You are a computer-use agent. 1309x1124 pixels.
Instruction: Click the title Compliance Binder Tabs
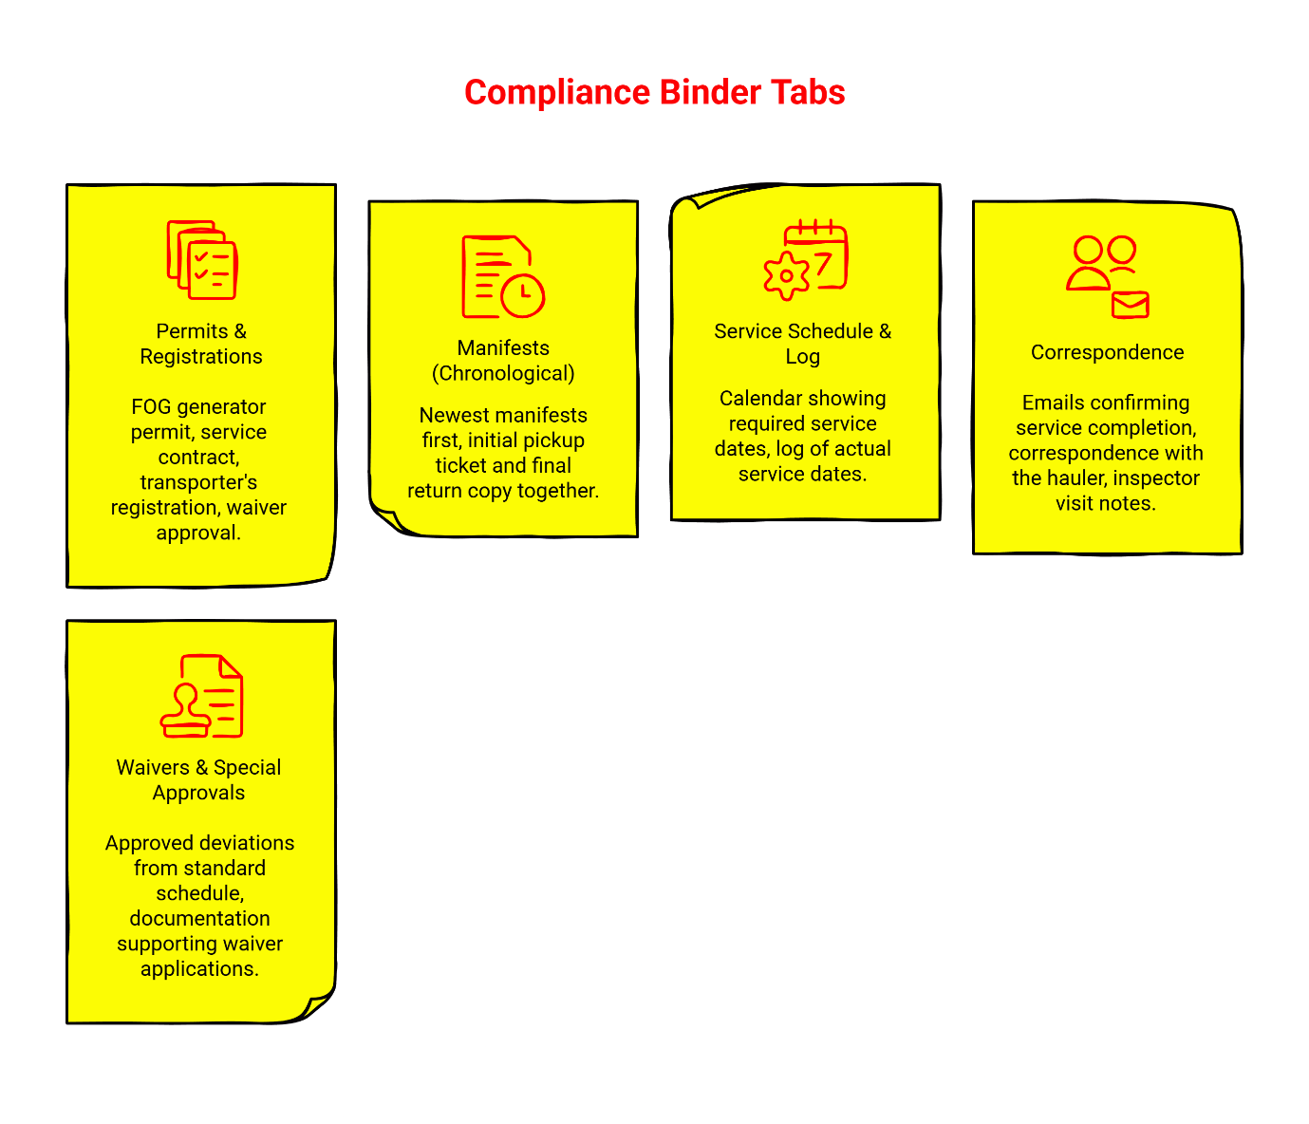click(x=654, y=92)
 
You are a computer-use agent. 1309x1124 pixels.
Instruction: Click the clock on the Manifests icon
click(x=522, y=295)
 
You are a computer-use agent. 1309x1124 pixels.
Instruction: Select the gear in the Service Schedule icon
click(x=786, y=276)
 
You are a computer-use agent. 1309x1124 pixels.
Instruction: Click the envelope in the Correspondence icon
click(x=1130, y=305)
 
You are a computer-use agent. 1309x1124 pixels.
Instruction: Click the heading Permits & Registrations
click(x=200, y=344)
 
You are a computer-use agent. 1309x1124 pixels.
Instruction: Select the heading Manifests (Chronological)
click(x=503, y=361)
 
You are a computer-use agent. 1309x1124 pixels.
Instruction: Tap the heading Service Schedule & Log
click(x=802, y=344)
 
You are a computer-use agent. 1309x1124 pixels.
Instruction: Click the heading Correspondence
click(x=1107, y=352)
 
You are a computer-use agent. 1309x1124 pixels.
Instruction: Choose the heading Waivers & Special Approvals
click(x=198, y=779)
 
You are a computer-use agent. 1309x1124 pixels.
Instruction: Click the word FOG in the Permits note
click(x=150, y=407)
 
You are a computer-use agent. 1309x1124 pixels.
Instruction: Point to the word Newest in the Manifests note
click(x=452, y=416)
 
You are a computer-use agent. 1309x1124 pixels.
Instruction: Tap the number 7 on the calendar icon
click(x=824, y=262)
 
